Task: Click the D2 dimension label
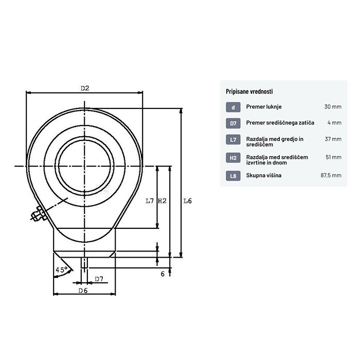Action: tap(85, 88)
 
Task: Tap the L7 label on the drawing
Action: tap(150, 201)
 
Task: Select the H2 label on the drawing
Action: tap(163, 201)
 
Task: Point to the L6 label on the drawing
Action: tap(187, 201)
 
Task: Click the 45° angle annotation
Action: tap(61, 269)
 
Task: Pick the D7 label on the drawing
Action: tap(99, 279)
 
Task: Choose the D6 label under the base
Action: tap(83, 291)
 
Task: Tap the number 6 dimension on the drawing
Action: tap(163, 274)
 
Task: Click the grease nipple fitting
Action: tap(39, 214)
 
